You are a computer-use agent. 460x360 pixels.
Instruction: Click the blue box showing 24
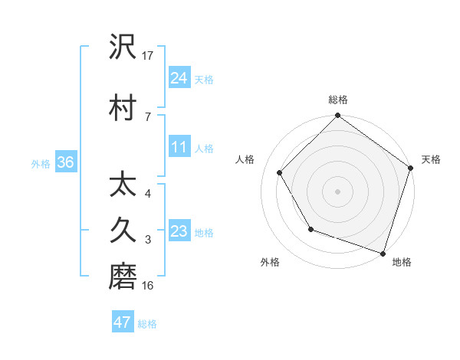click(x=179, y=77)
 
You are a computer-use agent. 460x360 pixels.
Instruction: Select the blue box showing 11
click(x=179, y=147)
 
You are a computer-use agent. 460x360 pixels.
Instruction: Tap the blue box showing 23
click(x=179, y=231)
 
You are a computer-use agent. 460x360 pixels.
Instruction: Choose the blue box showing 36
click(x=65, y=162)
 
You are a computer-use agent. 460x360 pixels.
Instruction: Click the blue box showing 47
click(x=123, y=322)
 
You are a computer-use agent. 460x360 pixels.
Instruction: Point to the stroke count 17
click(x=148, y=56)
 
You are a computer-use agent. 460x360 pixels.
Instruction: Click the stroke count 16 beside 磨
click(x=148, y=286)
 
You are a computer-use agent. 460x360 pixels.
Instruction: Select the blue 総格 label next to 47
click(x=147, y=324)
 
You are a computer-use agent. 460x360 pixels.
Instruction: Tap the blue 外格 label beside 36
click(x=41, y=164)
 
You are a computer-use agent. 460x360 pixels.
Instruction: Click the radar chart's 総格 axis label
click(x=338, y=100)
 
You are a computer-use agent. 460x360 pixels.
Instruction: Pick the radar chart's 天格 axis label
click(x=431, y=159)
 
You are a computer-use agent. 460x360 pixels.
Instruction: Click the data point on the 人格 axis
click(x=280, y=172)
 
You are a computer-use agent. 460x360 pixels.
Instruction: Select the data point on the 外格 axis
click(x=310, y=229)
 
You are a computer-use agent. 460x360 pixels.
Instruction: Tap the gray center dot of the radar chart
click(x=338, y=191)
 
